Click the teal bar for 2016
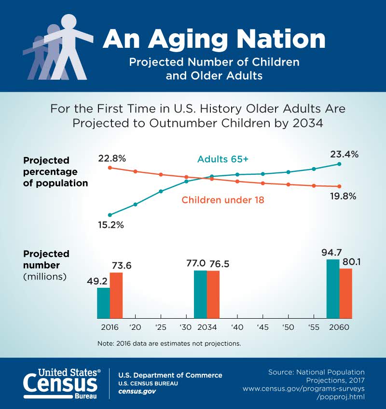point(103,303)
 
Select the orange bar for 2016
point(116,295)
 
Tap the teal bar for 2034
point(200,294)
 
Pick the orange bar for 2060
point(346,293)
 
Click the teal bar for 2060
point(333,289)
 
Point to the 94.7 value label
point(331,253)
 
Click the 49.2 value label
point(96,281)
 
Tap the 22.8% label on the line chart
point(113,158)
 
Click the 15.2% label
point(110,225)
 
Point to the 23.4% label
point(344,155)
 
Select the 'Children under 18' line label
point(222,199)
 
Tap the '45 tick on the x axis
point(262,327)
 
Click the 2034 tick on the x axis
point(207,327)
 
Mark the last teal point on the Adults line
point(340,164)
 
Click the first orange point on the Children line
point(110,168)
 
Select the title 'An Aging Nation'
point(214,39)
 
